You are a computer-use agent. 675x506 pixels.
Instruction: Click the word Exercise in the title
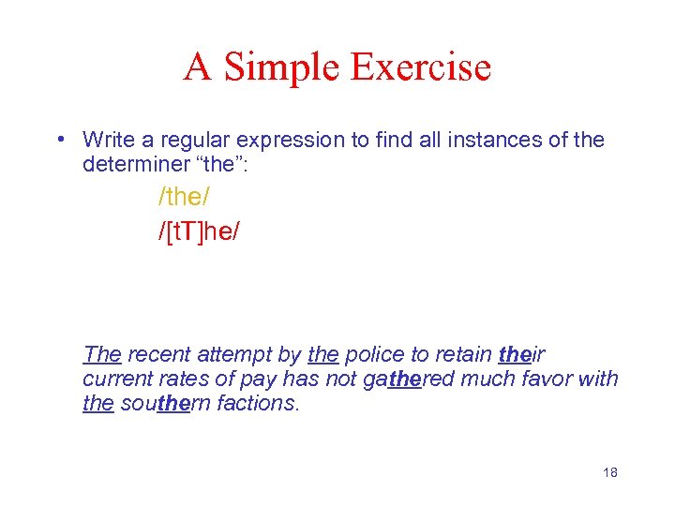pyautogui.click(x=421, y=67)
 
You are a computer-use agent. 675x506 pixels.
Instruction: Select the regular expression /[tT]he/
pyautogui.click(x=199, y=231)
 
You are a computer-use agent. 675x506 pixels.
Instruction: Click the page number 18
pyautogui.click(x=609, y=472)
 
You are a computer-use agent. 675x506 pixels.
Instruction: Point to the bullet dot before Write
pyautogui.click(x=59, y=141)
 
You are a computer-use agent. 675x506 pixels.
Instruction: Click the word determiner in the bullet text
pyautogui.click(x=131, y=164)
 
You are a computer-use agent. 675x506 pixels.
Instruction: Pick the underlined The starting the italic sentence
pyautogui.click(x=102, y=354)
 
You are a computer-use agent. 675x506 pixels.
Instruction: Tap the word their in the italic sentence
pyautogui.click(x=522, y=354)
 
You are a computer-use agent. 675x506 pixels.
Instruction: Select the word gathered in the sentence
pyautogui.click(x=407, y=378)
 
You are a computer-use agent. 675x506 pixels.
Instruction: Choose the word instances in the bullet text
pyautogui.click(x=499, y=141)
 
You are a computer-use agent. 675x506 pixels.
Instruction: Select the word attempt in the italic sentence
pyautogui.click(x=229, y=354)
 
